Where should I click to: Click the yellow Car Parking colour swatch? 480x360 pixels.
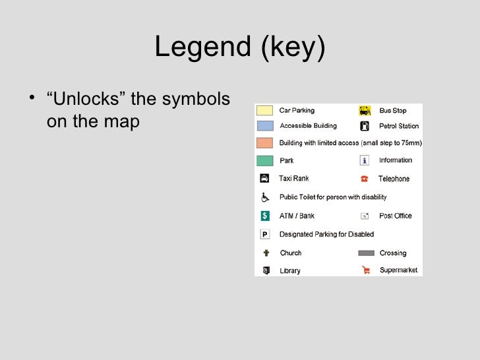[265, 111]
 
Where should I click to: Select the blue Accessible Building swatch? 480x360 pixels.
[265, 126]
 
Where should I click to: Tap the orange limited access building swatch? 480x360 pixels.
[265, 143]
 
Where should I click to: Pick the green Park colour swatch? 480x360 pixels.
[265, 160]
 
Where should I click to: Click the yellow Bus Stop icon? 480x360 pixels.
[364, 111]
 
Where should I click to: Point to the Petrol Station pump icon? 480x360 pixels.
[364, 126]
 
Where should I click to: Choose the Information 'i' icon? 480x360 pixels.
[364, 160]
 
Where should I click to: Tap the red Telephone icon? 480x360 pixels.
[364, 179]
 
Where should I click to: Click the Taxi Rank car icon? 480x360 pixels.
[264, 178]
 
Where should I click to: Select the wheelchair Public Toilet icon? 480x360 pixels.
[265, 196]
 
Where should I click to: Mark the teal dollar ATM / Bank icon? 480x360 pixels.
[265, 216]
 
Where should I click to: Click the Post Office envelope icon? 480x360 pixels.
[364, 216]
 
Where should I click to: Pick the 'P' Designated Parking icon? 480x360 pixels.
[265, 234]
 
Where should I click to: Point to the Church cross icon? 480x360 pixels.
[266, 253]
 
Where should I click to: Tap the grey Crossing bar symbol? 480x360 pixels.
[366, 253]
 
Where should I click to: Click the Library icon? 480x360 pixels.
[266, 270]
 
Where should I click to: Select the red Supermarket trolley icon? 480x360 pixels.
[365, 270]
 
